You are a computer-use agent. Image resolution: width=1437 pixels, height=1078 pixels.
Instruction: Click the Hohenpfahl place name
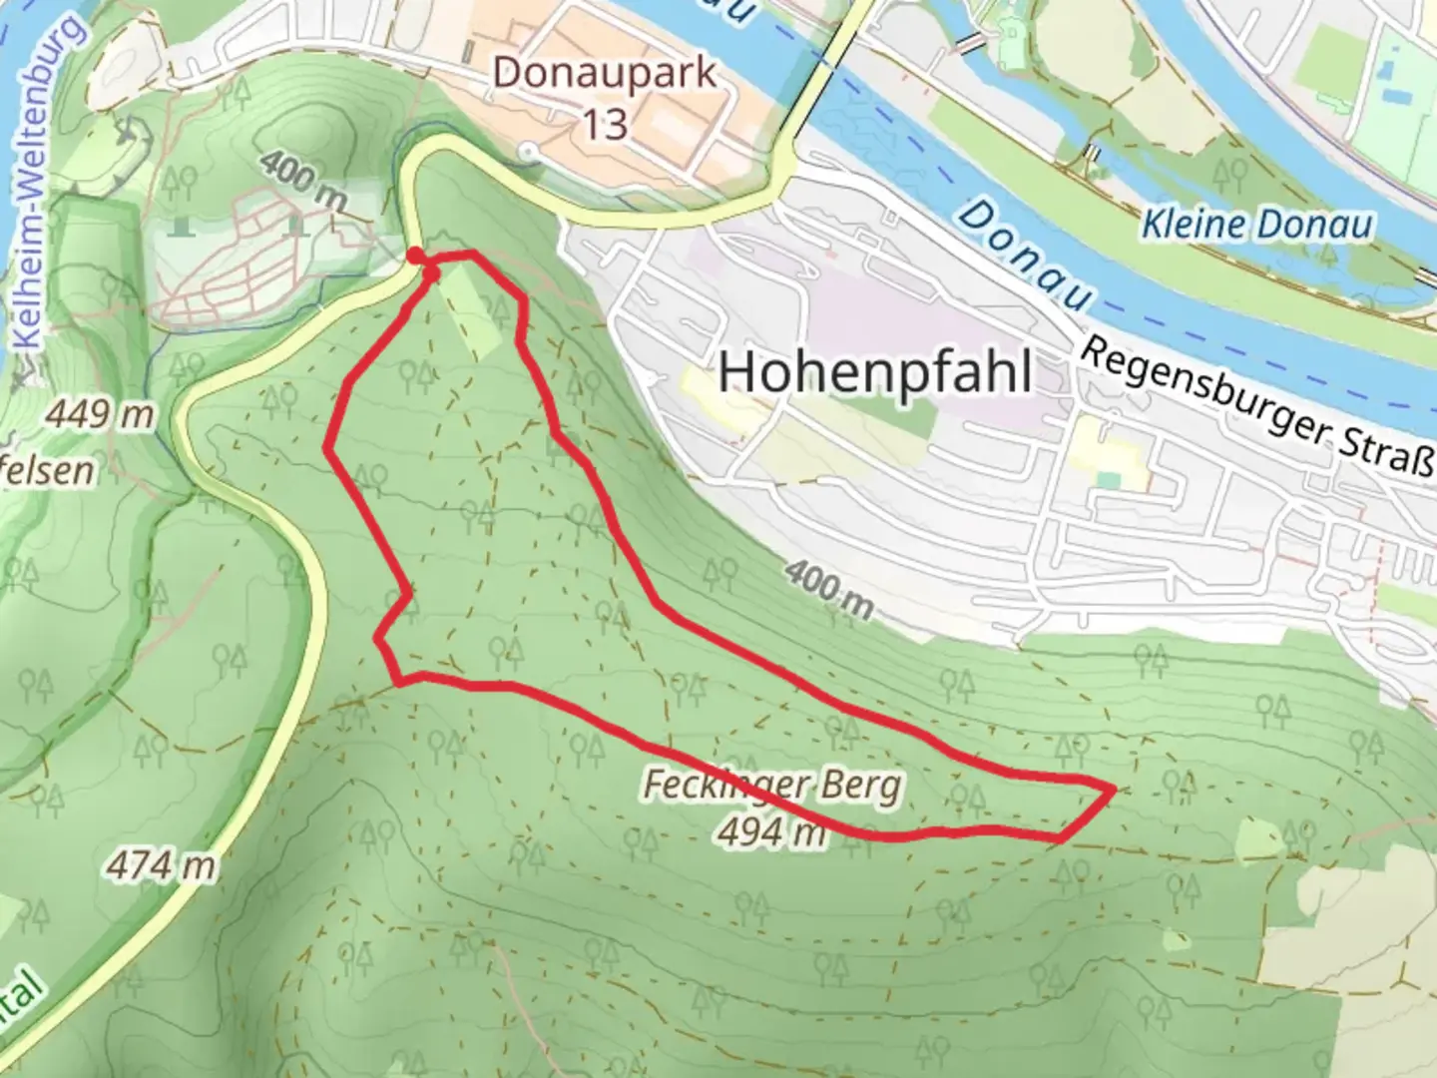tap(875, 372)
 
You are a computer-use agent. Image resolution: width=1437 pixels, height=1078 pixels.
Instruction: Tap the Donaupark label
tap(605, 74)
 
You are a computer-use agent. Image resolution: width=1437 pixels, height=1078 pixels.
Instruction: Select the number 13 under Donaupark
tap(605, 124)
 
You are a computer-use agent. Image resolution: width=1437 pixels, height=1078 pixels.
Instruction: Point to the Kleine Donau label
tap(1255, 225)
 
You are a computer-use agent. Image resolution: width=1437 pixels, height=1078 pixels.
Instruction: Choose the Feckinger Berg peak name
tap(771, 787)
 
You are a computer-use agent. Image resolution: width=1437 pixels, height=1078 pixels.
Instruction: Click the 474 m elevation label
tap(160, 864)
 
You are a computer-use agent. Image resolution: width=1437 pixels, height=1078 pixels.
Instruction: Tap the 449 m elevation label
tap(100, 414)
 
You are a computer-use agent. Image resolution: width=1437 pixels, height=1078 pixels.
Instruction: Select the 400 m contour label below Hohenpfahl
tap(827, 589)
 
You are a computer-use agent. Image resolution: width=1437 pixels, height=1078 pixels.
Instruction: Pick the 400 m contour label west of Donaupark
tap(303, 181)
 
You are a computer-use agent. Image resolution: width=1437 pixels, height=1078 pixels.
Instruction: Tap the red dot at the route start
tap(413, 255)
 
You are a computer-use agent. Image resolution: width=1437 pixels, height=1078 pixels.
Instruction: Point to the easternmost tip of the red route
tap(1113, 790)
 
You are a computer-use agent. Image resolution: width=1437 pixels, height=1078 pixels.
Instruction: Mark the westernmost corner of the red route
tap(328, 449)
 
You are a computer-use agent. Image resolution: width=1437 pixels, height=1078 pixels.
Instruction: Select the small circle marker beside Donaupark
tap(530, 152)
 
